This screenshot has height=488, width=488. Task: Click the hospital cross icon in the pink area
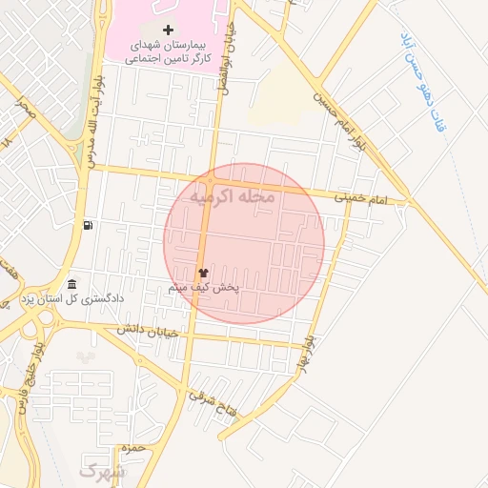coord(169,30)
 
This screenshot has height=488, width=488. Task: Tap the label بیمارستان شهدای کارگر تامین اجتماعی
coord(169,52)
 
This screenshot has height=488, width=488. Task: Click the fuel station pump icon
coord(89,225)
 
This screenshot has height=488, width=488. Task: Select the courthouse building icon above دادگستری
coord(72,284)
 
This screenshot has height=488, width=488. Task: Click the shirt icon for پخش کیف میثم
coord(202,273)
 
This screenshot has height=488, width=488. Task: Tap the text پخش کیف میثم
coord(203,287)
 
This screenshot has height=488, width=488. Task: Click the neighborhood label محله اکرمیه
coord(232,196)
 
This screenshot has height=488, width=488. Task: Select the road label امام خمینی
coord(363,198)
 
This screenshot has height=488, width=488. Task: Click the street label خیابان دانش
coord(148,332)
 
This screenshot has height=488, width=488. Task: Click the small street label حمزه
coord(132,447)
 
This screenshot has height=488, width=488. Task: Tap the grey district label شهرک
coord(102,471)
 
